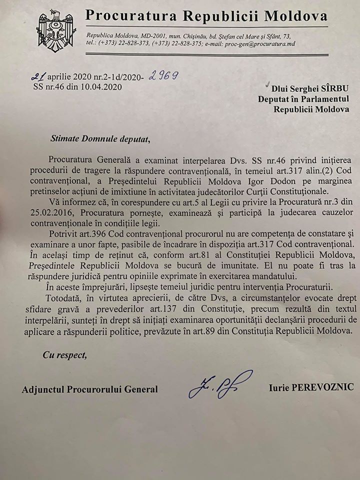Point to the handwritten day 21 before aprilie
pos(39,77)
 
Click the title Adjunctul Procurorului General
pos(90,389)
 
